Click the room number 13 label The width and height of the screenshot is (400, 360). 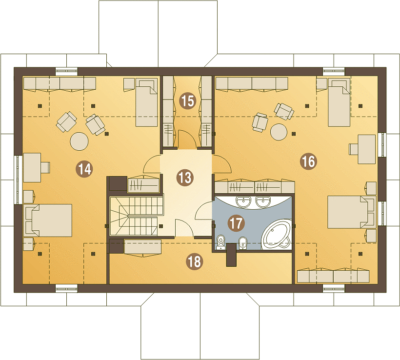click(185, 178)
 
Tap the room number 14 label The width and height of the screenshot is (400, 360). click(84, 169)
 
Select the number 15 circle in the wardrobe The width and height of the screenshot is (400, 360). click(188, 101)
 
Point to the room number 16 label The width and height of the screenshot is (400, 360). click(308, 161)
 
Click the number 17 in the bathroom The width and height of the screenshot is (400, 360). click(236, 223)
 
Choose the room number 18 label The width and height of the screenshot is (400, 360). click(195, 261)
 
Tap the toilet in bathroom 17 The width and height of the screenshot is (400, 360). click(220, 242)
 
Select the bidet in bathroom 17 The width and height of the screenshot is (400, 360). click(242, 242)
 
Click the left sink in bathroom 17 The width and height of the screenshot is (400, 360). click(243, 201)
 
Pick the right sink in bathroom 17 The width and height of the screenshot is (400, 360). click(263, 201)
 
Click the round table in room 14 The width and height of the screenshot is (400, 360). click(80, 141)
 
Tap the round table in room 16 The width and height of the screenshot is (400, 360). click(279, 132)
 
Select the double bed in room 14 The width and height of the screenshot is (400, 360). click(48, 220)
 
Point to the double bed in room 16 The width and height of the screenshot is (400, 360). click(352, 212)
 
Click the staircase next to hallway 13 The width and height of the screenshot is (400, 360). click(137, 216)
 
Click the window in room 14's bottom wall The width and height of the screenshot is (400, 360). click(66, 289)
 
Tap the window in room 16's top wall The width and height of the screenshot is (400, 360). click(334, 71)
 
